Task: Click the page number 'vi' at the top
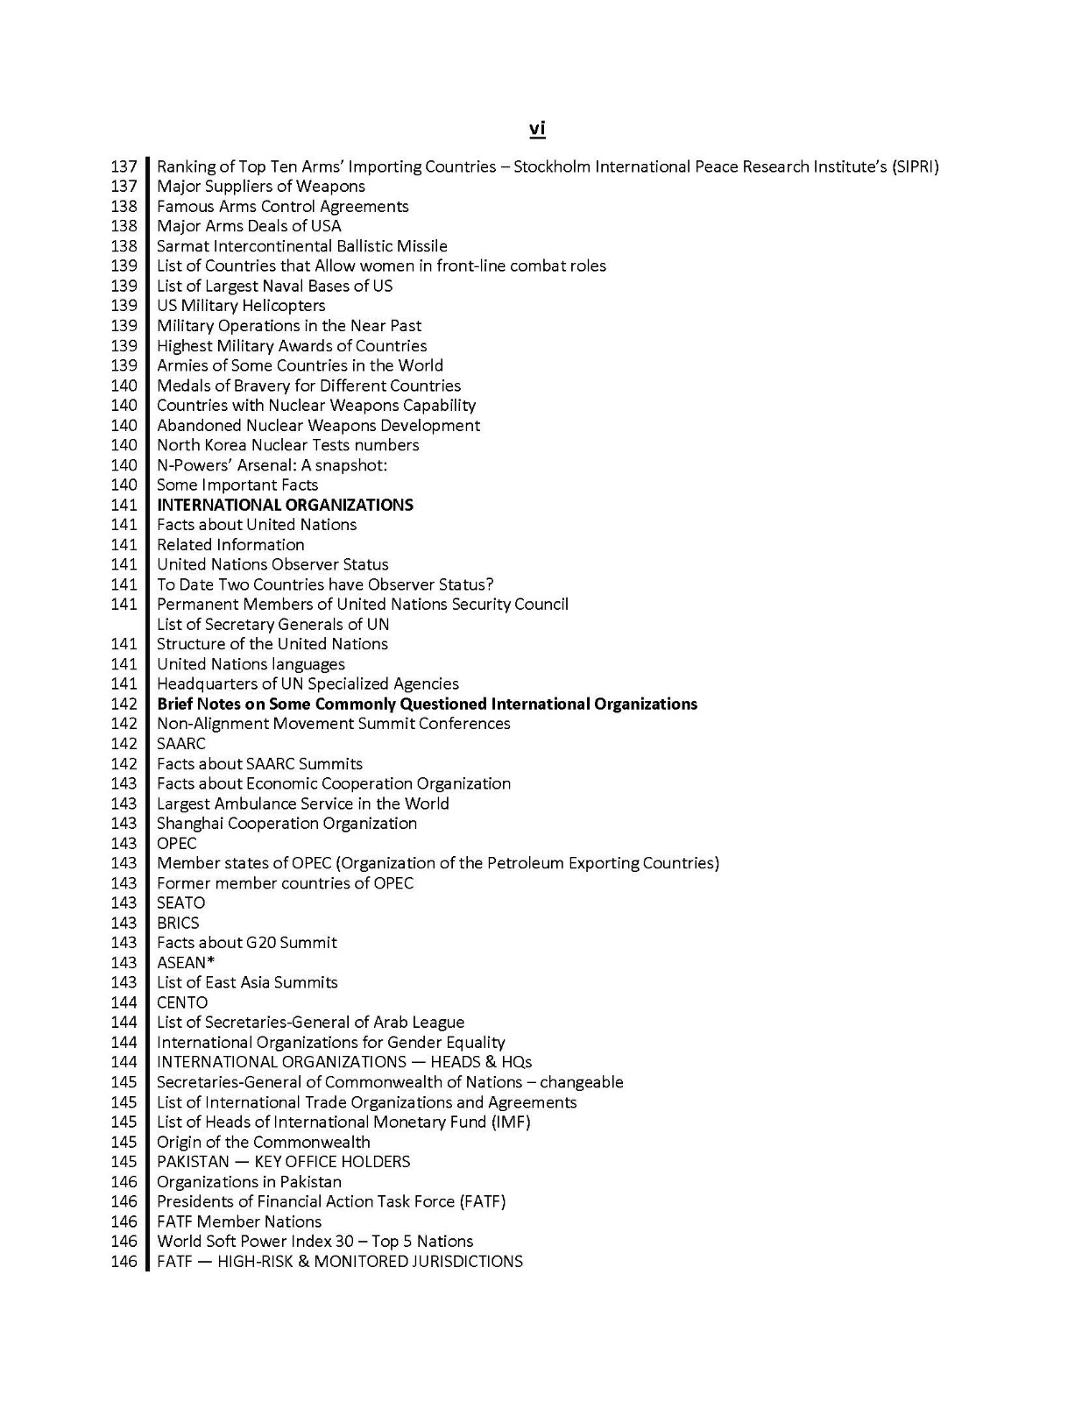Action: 537,129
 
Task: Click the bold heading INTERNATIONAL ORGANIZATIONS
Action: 285,505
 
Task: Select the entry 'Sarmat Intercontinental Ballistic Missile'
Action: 301,246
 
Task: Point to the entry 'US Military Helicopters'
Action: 241,306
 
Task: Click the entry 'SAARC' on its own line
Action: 181,744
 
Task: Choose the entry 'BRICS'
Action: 178,923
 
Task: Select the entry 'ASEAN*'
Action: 186,962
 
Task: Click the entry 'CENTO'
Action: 182,1002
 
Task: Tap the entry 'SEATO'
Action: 180,903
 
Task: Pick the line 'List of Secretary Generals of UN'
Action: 272,624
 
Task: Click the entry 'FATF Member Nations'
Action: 239,1221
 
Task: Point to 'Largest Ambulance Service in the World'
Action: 302,804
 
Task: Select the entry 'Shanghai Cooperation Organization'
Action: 286,824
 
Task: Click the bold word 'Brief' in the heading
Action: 174,704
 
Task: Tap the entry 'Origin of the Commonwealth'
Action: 263,1142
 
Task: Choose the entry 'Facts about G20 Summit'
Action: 246,943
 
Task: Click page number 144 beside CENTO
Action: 124,1002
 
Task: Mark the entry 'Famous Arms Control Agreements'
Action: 282,206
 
